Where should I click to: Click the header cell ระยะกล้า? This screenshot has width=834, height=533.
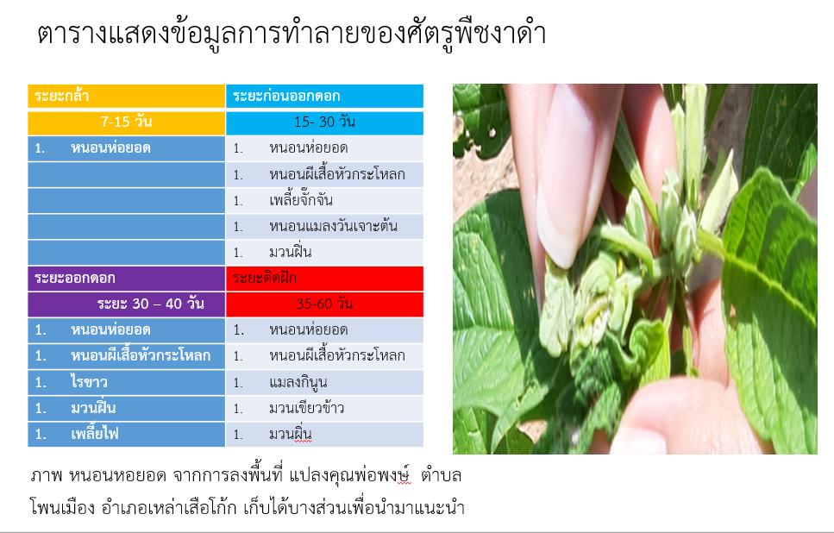pos(127,97)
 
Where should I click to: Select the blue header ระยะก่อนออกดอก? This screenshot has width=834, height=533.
pos(324,97)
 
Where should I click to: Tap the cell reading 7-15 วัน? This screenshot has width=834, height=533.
pos(127,122)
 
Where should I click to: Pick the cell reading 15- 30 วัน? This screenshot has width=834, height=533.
pos(324,122)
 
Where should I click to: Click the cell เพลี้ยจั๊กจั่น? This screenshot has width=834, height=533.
pos(324,201)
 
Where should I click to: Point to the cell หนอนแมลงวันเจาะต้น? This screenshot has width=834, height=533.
pos(324,227)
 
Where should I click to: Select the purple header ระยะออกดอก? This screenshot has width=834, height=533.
pos(127,279)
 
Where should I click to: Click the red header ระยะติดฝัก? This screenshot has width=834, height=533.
pos(324,279)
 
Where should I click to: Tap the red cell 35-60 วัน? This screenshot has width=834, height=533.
pos(324,304)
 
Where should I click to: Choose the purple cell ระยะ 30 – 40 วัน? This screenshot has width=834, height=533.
pos(127,304)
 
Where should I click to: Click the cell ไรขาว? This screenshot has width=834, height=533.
pos(127,382)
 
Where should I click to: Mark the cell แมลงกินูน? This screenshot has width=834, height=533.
pos(324,382)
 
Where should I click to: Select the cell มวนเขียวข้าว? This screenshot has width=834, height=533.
pos(324,409)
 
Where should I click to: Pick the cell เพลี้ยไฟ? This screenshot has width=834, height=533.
pos(127,435)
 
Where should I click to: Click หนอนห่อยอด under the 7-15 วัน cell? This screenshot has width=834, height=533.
pos(127,148)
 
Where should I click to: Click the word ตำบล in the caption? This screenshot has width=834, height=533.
pos(441,475)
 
